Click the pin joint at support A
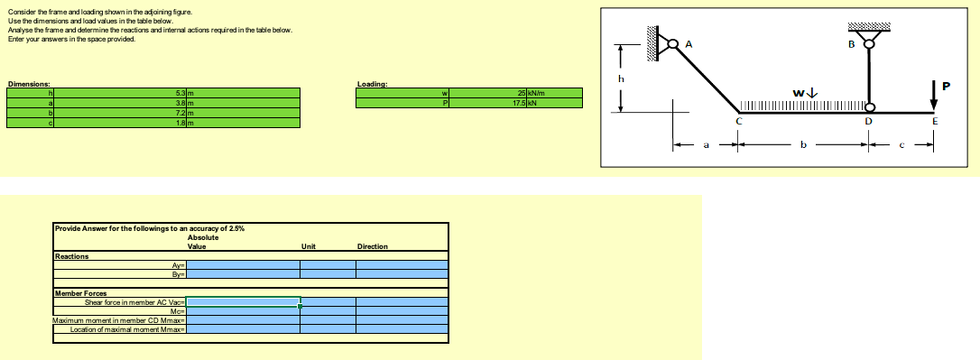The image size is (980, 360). click(672, 42)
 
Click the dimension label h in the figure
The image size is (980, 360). click(621, 78)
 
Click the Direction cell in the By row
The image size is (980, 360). click(402, 272)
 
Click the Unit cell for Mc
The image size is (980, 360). click(328, 310)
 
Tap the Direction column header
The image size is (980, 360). click(373, 246)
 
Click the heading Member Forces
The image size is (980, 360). click(81, 293)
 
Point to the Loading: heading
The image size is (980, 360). click(373, 84)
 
